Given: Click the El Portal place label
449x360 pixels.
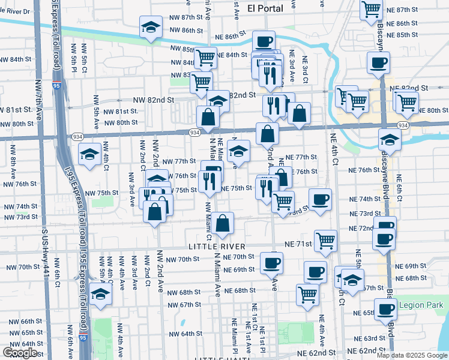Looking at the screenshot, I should [265, 8].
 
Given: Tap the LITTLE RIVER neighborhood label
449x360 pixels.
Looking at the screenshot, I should [217, 247].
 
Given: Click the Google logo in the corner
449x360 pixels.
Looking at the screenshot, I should [20, 353].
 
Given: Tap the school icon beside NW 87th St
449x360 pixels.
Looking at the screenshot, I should [151, 26].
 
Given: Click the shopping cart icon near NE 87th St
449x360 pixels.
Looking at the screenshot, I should [372, 10].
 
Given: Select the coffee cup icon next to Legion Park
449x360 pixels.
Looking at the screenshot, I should [385, 308].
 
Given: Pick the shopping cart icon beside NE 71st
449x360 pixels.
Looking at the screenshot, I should [325, 240].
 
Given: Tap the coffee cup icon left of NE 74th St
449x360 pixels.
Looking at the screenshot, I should [320, 199].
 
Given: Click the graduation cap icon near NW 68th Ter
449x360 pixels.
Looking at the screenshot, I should [101, 294].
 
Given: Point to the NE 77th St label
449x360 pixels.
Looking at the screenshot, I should [301, 157].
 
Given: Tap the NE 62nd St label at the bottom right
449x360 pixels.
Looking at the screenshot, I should [368, 350].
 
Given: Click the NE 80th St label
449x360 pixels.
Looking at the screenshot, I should [433, 110].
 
